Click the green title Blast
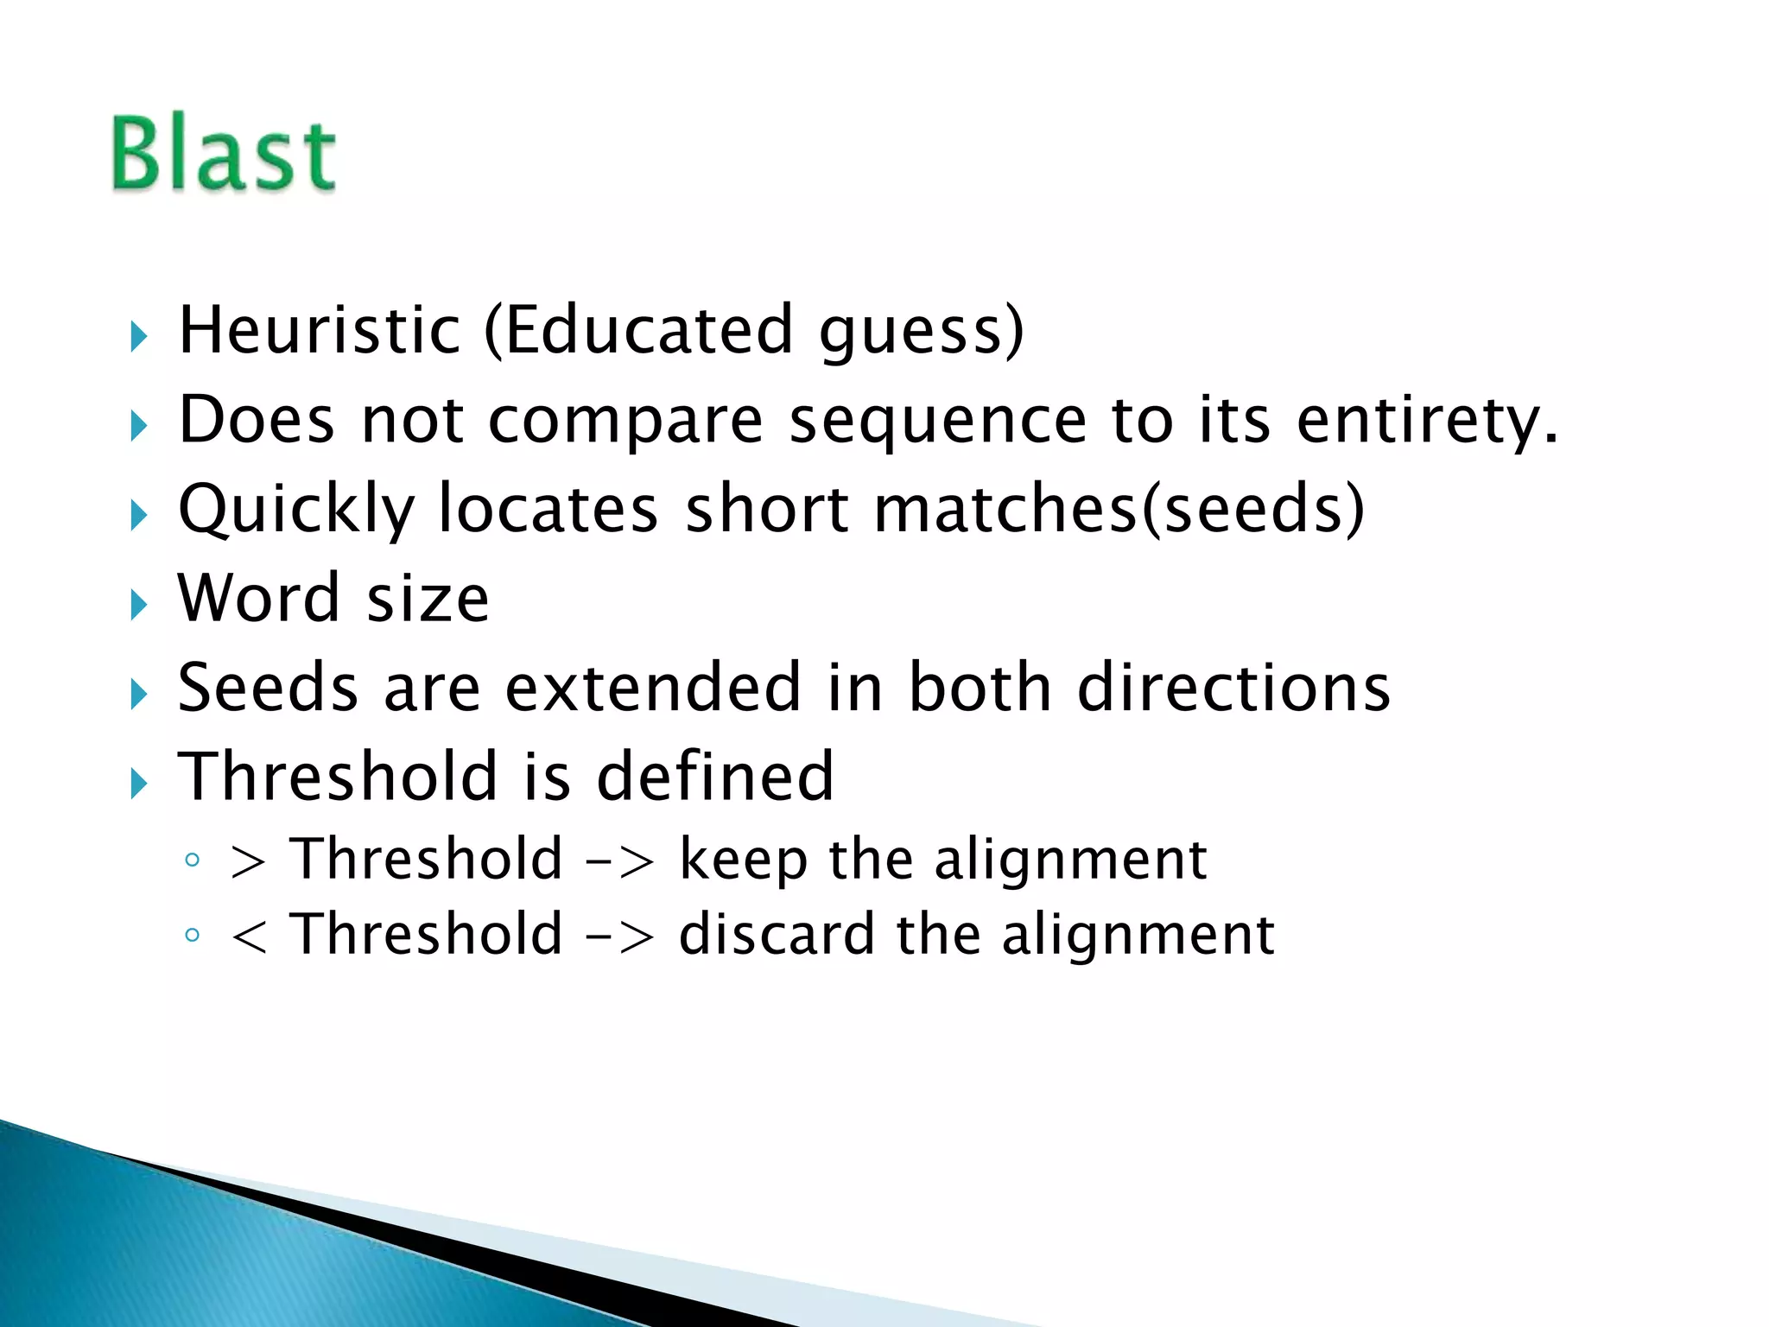[224, 154]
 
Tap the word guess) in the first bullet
[921, 332]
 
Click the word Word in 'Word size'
[258, 598]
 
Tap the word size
[428, 600]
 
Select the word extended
[653, 688]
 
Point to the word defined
[715, 776]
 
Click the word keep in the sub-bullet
[743, 860]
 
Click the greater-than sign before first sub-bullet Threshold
[248, 861]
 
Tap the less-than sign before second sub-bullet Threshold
[248, 937]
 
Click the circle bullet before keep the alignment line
[193, 860]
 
